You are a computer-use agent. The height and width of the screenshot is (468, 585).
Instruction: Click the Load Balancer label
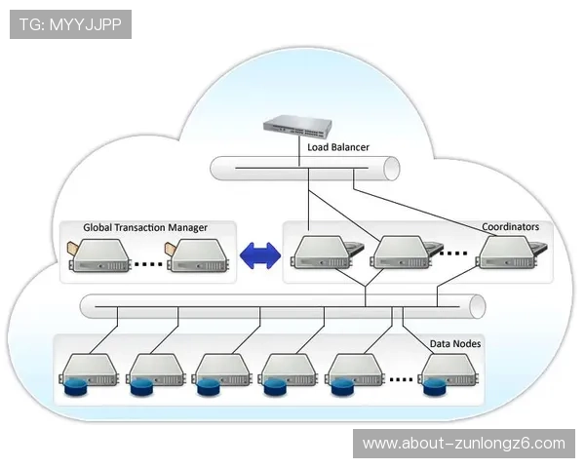pyautogui.click(x=337, y=147)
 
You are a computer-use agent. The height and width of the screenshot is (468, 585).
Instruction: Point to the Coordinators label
pyautogui.click(x=510, y=227)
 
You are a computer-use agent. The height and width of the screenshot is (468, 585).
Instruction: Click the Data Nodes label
pyautogui.click(x=455, y=343)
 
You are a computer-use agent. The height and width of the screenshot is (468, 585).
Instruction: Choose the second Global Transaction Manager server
pyautogui.click(x=198, y=256)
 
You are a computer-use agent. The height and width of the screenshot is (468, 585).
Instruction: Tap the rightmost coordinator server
pyautogui.click(x=506, y=253)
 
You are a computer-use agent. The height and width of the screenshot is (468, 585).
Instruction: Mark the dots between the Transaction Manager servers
pyautogui.click(x=147, y=263)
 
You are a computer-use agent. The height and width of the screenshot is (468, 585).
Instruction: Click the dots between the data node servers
pyautogui.click(x=401, y=378)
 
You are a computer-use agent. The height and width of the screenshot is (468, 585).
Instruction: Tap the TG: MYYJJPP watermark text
pyautogui.click(x=69, y=23)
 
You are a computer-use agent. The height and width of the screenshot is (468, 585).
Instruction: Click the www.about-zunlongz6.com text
pyautogui.click(x=464, y=444)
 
